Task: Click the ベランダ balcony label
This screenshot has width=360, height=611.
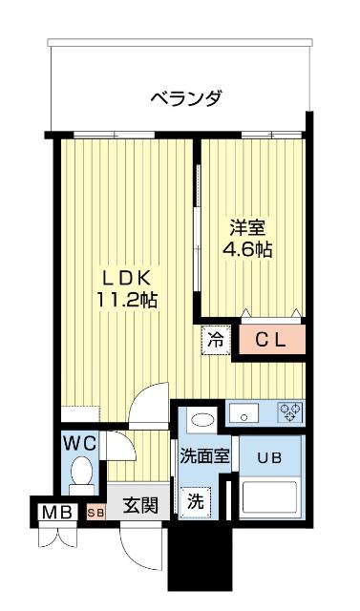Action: (186, 97)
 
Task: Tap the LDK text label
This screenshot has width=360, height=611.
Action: (126, 278)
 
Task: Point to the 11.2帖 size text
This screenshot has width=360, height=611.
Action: (126, 299)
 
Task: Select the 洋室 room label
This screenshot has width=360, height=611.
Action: (247, 229)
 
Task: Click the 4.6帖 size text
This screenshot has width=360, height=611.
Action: (247, 250)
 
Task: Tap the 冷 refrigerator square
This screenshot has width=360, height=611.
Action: (216, 339)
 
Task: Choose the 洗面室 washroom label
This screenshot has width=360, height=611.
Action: (204, 455)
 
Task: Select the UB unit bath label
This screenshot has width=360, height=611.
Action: (268, 456)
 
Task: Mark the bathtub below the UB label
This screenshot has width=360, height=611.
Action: (270, 499)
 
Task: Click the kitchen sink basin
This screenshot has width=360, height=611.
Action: (244, 413)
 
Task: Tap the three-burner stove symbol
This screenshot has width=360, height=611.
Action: (289, 413)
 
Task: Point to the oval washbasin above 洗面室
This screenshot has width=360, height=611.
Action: (201, 419)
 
